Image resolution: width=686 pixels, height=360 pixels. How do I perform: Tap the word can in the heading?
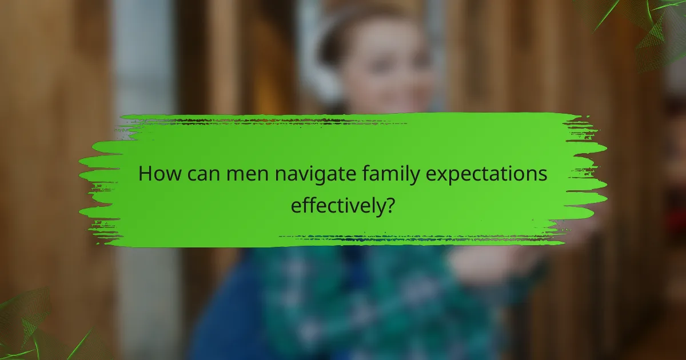coord(203,174)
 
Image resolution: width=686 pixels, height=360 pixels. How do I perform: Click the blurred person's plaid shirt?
coord(354,297)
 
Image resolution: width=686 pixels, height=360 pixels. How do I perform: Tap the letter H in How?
coord(145,174)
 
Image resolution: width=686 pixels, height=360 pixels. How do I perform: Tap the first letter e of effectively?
coord(296,205)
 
